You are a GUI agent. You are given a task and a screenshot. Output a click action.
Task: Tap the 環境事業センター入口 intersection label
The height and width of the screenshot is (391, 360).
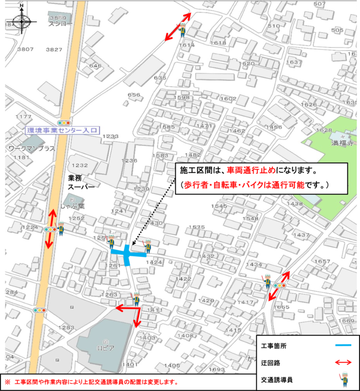click(62, 131)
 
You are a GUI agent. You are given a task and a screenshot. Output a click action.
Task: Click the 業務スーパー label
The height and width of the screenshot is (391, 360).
click(81, 182)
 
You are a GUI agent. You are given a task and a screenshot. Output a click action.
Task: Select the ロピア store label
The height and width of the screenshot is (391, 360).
click(106, 347)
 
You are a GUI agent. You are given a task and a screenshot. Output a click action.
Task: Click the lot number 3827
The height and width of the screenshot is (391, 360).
click(54, 50)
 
